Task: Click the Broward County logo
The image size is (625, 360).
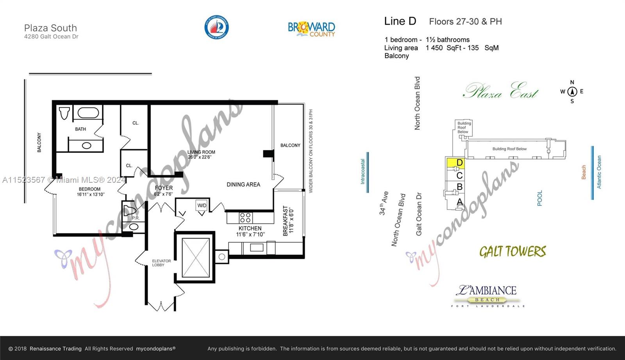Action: coord(311,29)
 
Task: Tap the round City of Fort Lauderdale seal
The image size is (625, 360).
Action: coord(216,27)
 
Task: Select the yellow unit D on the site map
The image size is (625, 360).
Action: coord(455,163)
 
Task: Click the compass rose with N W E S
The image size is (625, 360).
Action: coord(572,92)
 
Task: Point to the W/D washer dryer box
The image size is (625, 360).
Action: coord(202,206)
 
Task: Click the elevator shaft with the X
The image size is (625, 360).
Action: coord(196,257)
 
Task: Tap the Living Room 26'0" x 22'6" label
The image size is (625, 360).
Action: coord(201,155)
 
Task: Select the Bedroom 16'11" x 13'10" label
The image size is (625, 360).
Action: coord(90,192)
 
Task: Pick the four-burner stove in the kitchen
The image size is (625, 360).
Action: coord(245,217)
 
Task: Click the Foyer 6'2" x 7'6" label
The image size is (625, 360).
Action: coord(163,191)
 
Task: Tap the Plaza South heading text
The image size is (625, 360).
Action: coord(50,28)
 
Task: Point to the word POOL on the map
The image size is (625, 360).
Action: coord(539,198)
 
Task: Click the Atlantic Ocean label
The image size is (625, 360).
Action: coord(599,172)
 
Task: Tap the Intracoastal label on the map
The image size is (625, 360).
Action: coord(362,171)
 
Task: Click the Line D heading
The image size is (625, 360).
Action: coord(400,21)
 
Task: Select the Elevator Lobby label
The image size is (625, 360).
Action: coord(161,263)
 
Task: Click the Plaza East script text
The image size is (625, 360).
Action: coord(501,92)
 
